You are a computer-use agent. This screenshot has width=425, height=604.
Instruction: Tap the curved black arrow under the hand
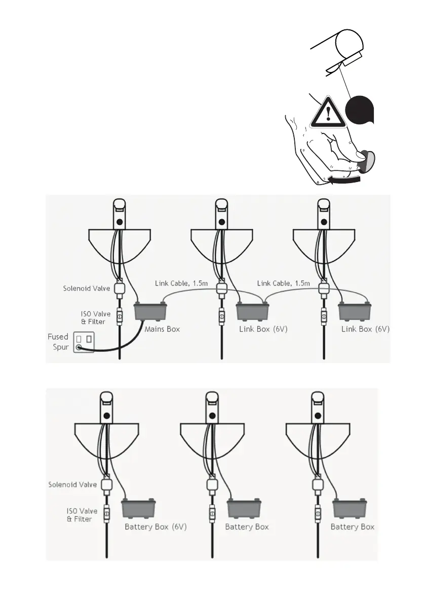tap(344, 179)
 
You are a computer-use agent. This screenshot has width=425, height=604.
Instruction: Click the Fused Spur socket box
tap(84, 342)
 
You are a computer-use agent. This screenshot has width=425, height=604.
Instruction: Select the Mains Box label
tap(162, 329)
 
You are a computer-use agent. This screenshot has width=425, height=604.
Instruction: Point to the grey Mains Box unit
tap(149, 310)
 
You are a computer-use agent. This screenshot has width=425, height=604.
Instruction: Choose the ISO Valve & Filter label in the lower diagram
tap(80, 515)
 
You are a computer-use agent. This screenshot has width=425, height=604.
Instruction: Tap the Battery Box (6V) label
tap(156, 526)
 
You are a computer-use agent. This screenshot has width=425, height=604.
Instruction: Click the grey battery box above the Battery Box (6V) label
tap(139, 509)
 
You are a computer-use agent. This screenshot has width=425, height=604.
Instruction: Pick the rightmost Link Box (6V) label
tap(365, 329)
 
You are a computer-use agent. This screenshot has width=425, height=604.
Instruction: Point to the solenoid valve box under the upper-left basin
tap(120, 289)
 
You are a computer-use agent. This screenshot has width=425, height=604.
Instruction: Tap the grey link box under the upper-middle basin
tap(252, 310)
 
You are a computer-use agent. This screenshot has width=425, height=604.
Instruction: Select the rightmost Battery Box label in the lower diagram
tap(352, 526)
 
